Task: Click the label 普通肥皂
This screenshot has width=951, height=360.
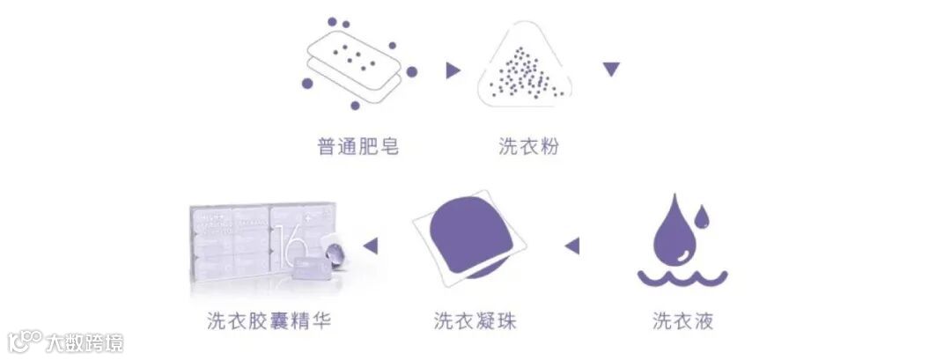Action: (x=358, y=146)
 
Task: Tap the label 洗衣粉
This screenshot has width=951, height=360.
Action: (x=528, y=146)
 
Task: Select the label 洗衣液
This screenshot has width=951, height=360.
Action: (x=682, y=320)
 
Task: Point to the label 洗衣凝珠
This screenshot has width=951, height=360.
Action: (x=475, y=320)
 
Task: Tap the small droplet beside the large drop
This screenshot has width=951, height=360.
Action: (x=702, y=215)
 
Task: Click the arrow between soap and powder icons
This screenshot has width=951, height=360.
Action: (x=453, y=70)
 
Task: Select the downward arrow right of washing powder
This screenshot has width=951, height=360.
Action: (x=612, y=69)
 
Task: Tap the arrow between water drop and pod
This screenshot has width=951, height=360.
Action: (x=572, y=246)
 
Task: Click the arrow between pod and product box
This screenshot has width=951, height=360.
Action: (x=371, y=246)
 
